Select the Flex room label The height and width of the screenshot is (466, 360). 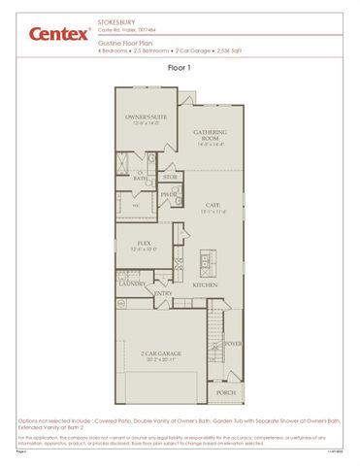[x=144, y=244]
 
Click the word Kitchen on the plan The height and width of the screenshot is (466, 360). [x=205, y=285]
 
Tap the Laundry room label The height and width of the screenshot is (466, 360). [x=131, y=284]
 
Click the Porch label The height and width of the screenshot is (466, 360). [x=226, y=392]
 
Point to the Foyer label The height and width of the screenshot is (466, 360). [x=233, y=343]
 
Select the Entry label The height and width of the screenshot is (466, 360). [x=163, y=292]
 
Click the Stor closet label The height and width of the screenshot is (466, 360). [x=170, y=177]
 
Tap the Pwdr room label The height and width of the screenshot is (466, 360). [x=169, y=194]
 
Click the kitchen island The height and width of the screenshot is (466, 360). [x=206, y=261]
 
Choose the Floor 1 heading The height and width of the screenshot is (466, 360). [x=180, y=68]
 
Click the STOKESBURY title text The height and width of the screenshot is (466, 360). [x=116, y=19]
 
